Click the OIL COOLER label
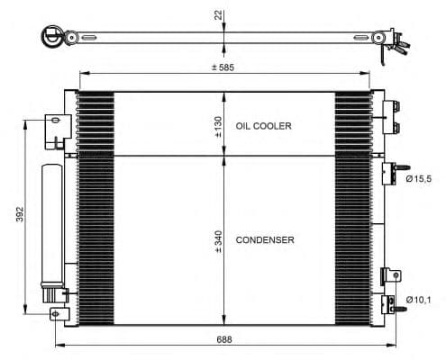[x=263, y=126]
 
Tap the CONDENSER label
[x=265, y=240]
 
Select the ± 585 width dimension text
[x=223, y=67]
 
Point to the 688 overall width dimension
[x=224, y=339]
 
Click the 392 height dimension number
[x=20, y=214]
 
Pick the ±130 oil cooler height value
[x=218, y=127]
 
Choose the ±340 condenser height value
[x=218, y=241]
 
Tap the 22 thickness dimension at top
[x=218, y=15]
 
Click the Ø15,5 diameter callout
[x=418, y=179]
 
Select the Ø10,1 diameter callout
[x=418, y=300]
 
